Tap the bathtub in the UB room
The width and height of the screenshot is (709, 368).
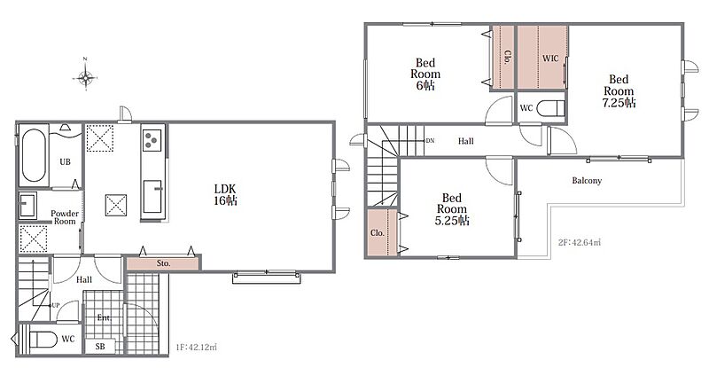coord(34,155)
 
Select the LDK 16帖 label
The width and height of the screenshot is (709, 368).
coord(225,194)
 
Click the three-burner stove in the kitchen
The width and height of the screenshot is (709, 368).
coord(152,140)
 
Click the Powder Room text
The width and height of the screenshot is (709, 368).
coord(65,217)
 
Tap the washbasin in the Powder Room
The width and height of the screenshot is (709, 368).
coord(28,206)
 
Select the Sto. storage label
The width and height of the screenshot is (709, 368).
coord(163,263)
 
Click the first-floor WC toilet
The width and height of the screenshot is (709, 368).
coord(43,339)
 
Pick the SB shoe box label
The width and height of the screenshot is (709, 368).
coord(100,346)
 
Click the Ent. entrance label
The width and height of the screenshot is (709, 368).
coord(104,317)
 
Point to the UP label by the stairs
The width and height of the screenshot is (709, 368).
coord(55,305)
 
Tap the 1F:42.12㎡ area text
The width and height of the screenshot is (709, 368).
coord(196,348)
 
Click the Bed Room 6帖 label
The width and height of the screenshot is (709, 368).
coord(425,74)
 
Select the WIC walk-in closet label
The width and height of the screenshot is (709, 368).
coord(550,59)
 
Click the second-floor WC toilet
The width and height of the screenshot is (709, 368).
coord(550,108)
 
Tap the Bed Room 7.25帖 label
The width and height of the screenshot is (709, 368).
coord(619,91)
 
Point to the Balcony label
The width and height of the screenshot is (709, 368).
coord(587,181)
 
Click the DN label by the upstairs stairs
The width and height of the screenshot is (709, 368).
coord(430,141)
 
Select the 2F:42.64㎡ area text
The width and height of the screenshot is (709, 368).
coord(580,242)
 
